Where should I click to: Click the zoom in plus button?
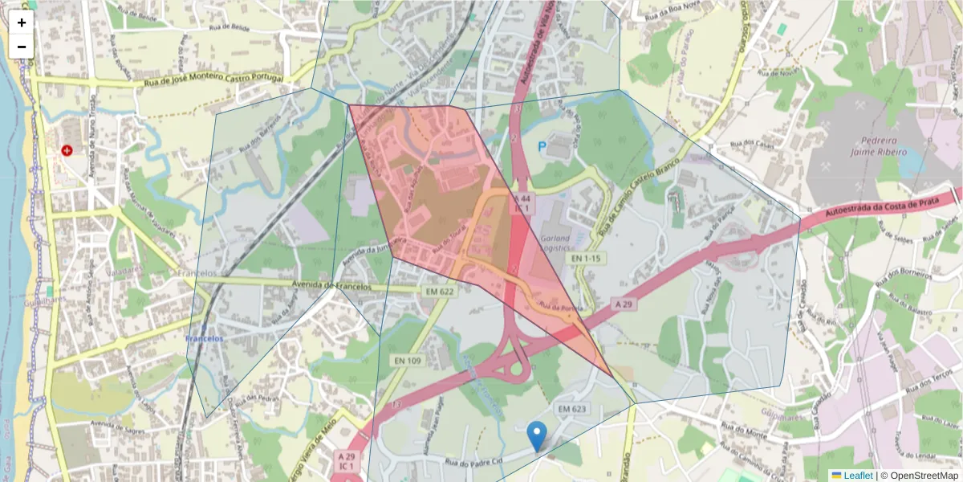[22, 22]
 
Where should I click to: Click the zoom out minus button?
[22, 47]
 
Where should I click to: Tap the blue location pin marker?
[538, 435]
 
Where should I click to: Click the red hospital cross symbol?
[67, 150]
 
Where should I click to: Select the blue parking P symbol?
[542, 147]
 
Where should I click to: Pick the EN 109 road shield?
[408, 361]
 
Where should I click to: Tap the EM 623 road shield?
[573, 410]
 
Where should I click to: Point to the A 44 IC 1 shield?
[522, 202]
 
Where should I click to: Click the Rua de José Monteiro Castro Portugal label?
[213, 80]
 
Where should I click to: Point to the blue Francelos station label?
[204, 339]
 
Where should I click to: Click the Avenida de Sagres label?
[120, 424]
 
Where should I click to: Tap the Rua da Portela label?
[559, 307]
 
